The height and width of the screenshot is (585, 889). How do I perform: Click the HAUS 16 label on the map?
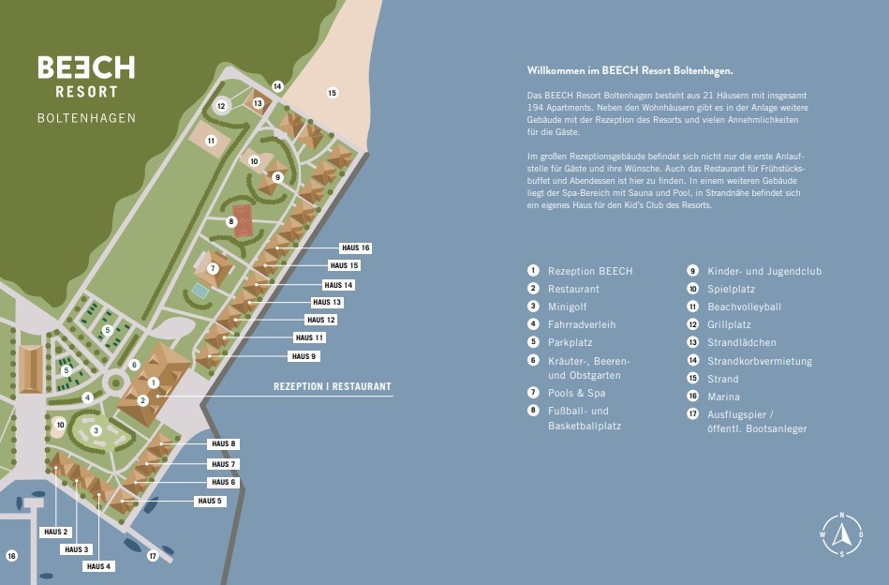pos(356,247)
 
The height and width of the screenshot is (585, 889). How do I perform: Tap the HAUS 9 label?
pos(304,356)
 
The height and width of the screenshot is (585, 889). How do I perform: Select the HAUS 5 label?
pos(211,501)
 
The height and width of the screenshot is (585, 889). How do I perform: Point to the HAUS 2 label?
pos(56,532)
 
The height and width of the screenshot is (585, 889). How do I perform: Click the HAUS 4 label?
pos(98,566)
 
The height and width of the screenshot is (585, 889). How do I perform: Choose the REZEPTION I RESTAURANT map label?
pos(332,386)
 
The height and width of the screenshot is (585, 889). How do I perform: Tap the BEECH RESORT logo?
pos(85,76)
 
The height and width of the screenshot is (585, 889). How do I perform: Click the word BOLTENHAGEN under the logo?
pos(86,118)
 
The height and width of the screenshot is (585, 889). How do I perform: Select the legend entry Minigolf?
pos(569,307)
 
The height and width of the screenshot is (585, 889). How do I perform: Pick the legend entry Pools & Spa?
pos(576,393)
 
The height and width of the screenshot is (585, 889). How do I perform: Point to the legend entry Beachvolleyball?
pos(744,307)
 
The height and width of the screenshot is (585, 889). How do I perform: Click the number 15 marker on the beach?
pos(332,93)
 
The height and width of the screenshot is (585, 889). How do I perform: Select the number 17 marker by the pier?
pos(153,556)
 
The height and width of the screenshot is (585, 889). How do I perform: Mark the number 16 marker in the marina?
pos(11,556)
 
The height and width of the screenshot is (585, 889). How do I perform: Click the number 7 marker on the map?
pos(213,268)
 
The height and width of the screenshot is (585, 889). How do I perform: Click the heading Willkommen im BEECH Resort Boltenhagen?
pos(630,70)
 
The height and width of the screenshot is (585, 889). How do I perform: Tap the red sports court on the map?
pos(244,221)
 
